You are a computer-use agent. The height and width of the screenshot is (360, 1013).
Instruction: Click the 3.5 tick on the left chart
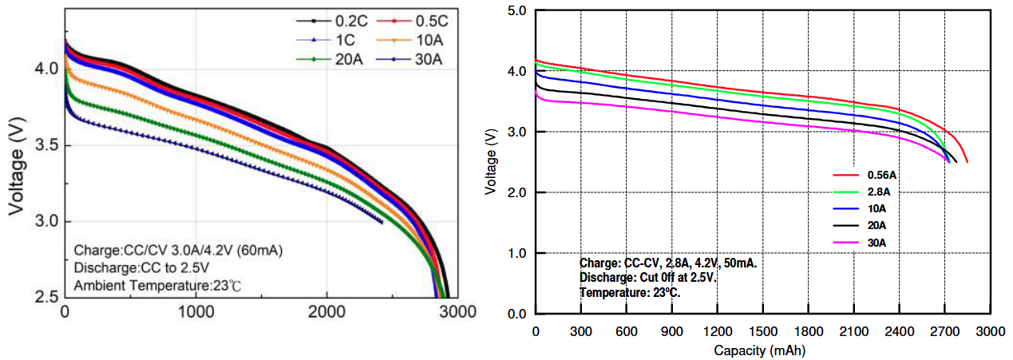46,145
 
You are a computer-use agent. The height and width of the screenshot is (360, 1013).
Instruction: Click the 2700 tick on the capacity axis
945,330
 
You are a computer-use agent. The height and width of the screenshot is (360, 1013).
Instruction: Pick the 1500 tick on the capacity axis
763,330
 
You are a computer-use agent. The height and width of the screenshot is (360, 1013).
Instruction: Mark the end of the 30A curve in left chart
382,223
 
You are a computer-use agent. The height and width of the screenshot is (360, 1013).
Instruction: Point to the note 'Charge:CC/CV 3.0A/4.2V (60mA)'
179,249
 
